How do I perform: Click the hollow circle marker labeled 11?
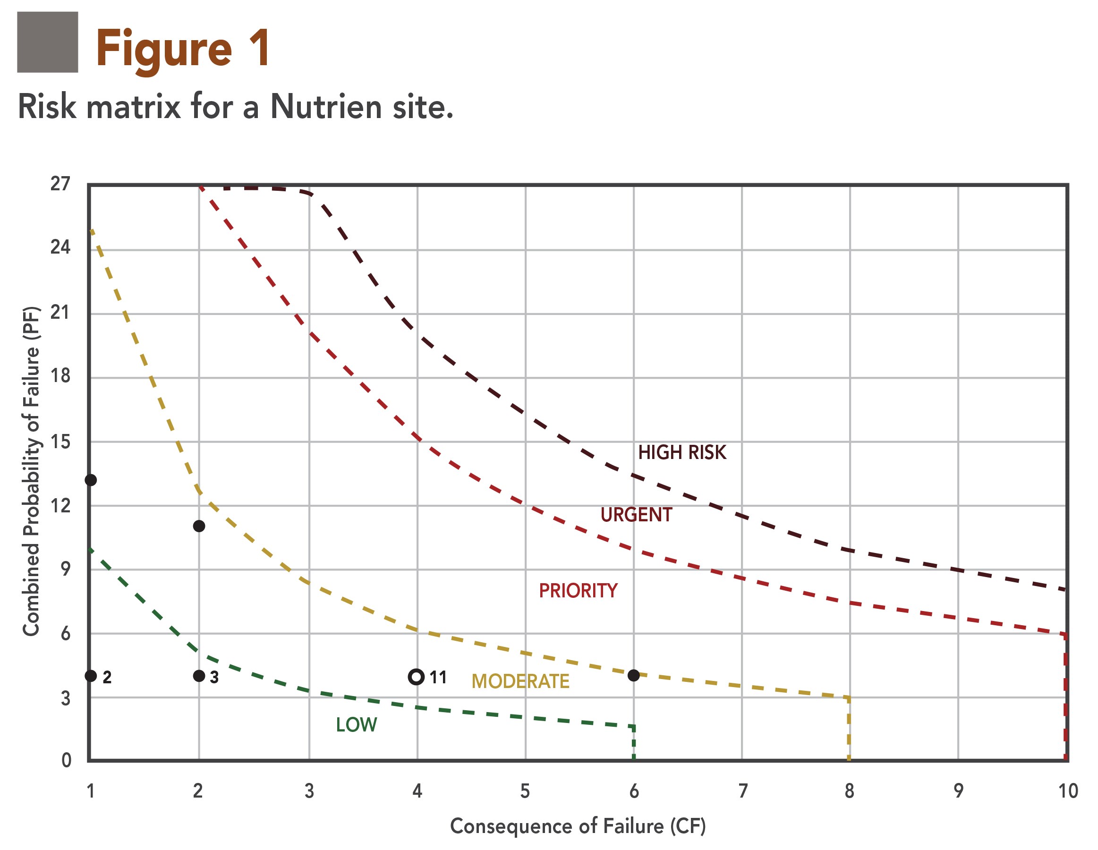[416, 677]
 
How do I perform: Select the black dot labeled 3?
[199, 676]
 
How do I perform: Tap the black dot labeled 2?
[91, 676]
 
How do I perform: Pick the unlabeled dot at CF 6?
[633, 675]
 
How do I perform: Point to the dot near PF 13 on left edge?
[91, 480]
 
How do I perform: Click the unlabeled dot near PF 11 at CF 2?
[199, 526]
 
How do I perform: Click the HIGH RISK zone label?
[682, 452]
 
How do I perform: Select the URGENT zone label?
[636, 515]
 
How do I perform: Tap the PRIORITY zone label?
[578, 591]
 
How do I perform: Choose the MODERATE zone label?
[520, 681]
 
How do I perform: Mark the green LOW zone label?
[356, 725]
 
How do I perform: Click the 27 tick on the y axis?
[60, 184]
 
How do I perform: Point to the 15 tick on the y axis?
[60, 442]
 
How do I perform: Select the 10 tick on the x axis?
[1068, 791]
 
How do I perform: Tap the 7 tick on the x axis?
[742, 791]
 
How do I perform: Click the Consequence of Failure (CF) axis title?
[578, 826]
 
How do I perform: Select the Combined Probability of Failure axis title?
[31, 471]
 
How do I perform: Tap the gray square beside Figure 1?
[48, 42]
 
